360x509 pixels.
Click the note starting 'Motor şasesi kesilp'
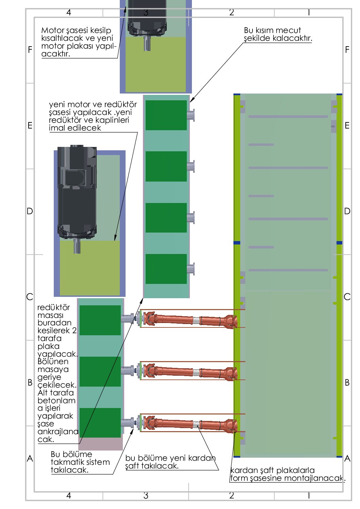(x=79, y=42)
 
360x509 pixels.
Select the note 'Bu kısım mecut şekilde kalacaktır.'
(x=277, y=34)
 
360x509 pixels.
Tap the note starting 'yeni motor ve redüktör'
(x=93, y=116)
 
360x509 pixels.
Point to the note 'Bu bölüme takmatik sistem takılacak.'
(x=80, y=462)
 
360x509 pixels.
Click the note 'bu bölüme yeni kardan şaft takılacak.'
(x=170, y=462)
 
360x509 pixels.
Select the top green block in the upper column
(x=166, y=115)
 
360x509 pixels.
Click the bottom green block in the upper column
(x=166, y=269)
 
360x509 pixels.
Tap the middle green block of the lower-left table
(x=100, y=371)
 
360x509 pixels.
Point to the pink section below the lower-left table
(x=101, y=444)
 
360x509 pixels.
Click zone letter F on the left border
(x=30, y=50)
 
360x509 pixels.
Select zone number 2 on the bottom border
(x=231, y=495)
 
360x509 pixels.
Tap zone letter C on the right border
(x=347, y=297)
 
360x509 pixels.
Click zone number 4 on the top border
(x=69, y=13)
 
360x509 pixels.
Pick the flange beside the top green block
(x=191, y=115)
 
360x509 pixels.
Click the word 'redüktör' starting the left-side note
(x=53, y=307)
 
